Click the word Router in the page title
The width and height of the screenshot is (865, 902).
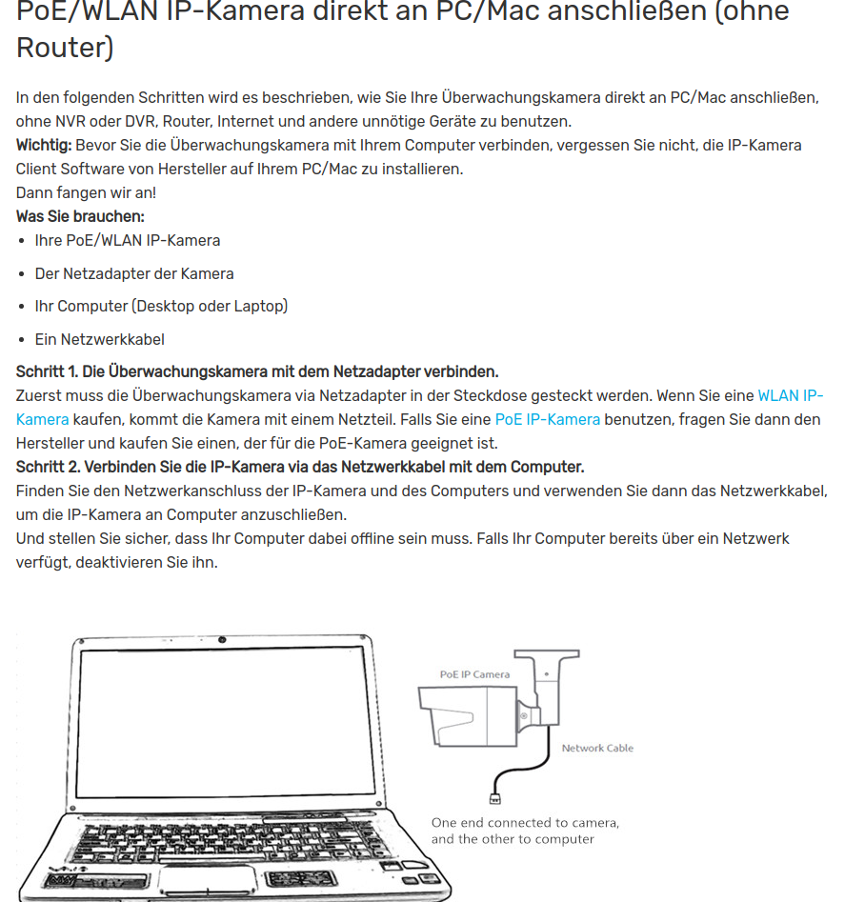pyautogui.click(x=65, y=47)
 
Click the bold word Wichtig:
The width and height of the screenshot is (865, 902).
pyautogui.click(x=44, y=145)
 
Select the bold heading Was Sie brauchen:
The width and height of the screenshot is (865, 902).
pyautogui.click(x=80, y=216)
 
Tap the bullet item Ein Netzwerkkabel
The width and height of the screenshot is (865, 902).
pyautogui.click(x=100, y=339)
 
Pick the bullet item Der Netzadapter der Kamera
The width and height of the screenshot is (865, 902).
pyautogui.click(x=134, y=273)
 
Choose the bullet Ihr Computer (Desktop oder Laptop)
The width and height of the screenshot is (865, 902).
pyautogui.click(x=161, y=306)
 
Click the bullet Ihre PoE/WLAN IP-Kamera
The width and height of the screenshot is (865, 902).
pyautogui.click(x=128, y=240)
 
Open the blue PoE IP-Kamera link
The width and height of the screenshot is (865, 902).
pyautogui.click(x=548, y=419)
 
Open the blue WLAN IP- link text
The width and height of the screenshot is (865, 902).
pyautogui.click(x=790, y=395)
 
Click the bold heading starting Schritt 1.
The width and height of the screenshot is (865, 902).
pyautogui.click(x=257, y=371)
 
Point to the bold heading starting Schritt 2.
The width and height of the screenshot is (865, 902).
pyautogui.click(x=300, y=467)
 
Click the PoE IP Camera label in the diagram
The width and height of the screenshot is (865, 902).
pyautogui.click(x=474, y=674)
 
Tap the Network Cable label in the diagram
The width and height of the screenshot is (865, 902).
pyautogui.click(x=597, y=748)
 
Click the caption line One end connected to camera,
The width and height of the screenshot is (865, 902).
pyautogui.click(x=525, y=822)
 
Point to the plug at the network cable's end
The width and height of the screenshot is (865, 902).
pyautogui.click(x=494, y=798)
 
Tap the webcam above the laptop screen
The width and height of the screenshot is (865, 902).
pyautogui.click(x=222, y=639)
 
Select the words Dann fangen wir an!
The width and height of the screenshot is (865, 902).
pyautogui.click(x=86, y=192)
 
